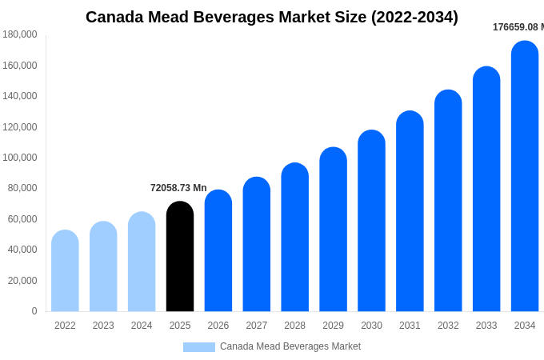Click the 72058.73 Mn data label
(178, 188)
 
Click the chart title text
(272, 17)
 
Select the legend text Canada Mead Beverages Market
(290, 346)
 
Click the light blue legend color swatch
(198, 347)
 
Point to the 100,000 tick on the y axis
(20, 158)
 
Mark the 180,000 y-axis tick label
(20, 34)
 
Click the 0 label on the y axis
(34, 311)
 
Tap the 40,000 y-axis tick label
(22, 250)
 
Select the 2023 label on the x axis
(103, 326)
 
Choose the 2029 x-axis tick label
(333, 326)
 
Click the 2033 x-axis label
(486, 326)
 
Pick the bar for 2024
(142, 262)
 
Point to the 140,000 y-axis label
(20, 96)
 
